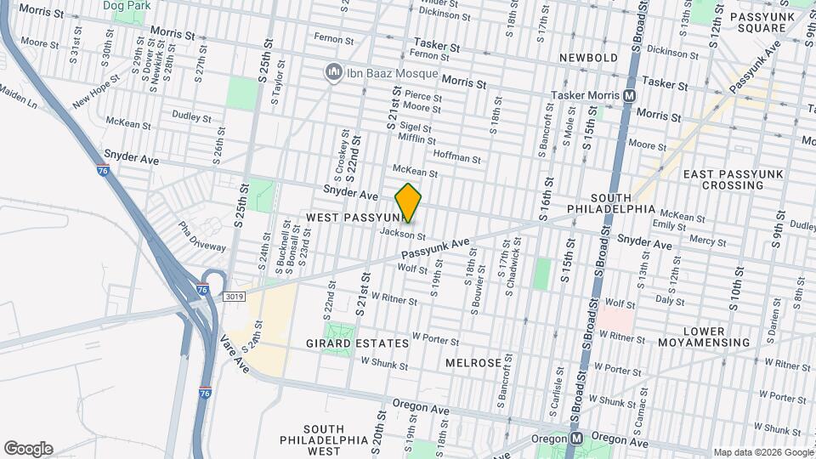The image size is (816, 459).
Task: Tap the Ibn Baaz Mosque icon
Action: (x=333, y=73)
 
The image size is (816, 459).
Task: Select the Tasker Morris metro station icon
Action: (x=630, y=96)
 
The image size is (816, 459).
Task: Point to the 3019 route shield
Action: (x=235, y=297)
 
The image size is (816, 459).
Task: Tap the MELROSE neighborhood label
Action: (x=473, y=363)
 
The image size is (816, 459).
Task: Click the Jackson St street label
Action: (x=402, y=234)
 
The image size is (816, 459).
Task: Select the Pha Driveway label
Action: (x=201, y=236)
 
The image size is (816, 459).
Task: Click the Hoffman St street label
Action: (x=457, y=156)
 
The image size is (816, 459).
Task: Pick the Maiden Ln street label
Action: (x=19, y=96)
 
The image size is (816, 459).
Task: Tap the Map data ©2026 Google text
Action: (x=762, y=452)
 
